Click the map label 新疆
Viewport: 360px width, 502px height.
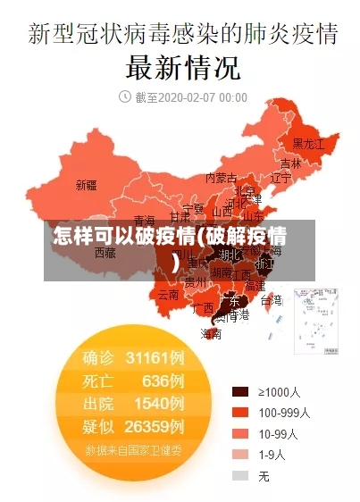tap(86, 186)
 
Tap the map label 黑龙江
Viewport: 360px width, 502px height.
tap(309, 143)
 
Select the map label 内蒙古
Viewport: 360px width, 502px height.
tap(221, 177)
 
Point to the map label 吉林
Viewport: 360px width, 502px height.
tap(290, 163)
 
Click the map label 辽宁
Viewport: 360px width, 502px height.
tap(280, 178)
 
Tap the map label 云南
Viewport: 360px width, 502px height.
tap(169, 294)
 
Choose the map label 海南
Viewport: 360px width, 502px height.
tap(211, 333)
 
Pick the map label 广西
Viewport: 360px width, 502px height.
tap(203, 307)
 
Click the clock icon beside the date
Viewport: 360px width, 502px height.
tap(124, 96)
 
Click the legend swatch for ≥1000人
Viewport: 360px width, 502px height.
tap(239, 391)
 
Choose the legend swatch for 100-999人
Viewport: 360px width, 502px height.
tap(239, 413)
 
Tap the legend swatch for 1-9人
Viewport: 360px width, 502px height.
tap(239, 455)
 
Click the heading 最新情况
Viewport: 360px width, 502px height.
tap(182, 67)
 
